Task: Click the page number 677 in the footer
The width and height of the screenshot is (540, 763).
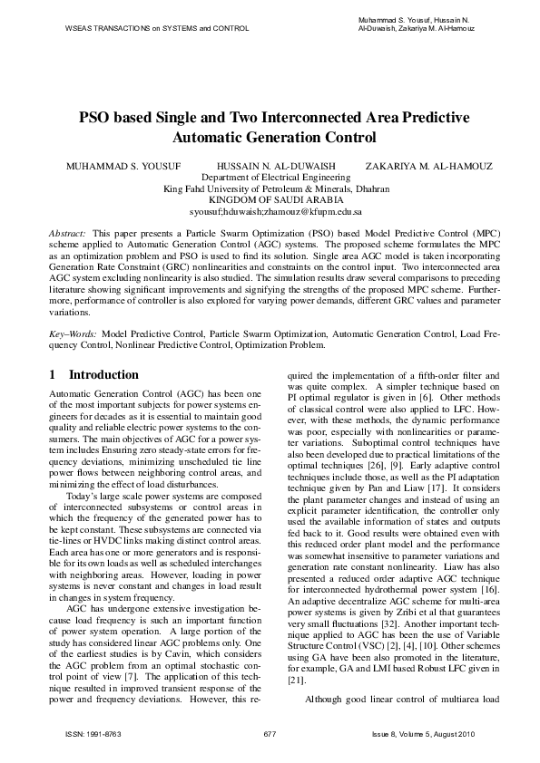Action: click(270, 732)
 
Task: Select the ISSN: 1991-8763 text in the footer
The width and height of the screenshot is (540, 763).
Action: click(89, 732)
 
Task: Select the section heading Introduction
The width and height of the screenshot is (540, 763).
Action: click(116, 374)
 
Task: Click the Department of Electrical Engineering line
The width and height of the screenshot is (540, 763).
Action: click(270, 178)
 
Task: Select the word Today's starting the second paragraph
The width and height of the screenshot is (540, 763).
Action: click(83, 497)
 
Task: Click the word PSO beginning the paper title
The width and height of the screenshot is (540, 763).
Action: click(95, 120)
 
